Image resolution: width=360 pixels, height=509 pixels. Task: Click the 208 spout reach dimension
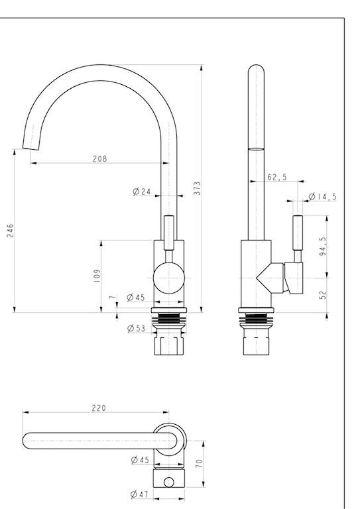pyautogui.click(x=99, y=159)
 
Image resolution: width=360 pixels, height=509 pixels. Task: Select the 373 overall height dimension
pyautogui.click(x=197, y=188)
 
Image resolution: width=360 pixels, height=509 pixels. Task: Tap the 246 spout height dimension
pyautogui.click(x=11, y=231)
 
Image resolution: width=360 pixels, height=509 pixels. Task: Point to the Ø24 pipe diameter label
pyautogui.click(x=142, y=192)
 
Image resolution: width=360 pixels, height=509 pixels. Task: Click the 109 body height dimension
pyautogui.click(x=97, y=276)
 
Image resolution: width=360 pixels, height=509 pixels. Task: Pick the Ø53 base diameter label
pyautogui.click(x=137, y=328)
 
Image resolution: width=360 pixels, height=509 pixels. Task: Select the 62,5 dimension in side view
pyautogui.click(x=277, y=177)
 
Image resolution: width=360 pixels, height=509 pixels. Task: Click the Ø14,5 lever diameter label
pyautogui.click(x=322, y=196)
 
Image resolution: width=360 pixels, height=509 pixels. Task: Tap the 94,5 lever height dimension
pyautogui.click(x=323, y=247)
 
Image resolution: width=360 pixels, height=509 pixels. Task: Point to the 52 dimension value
pyautogui.click(x=323, y=295)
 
